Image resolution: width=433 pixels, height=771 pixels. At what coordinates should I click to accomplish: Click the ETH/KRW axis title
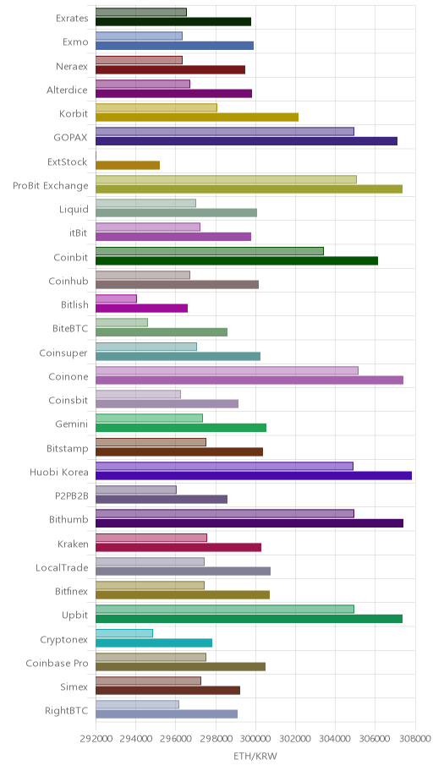point(255,756)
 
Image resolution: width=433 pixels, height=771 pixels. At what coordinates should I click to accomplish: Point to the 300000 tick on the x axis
point(255,738)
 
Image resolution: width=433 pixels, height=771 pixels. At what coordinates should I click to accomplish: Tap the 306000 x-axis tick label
point(375,738)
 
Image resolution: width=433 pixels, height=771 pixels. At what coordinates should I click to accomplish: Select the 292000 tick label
point(96,738)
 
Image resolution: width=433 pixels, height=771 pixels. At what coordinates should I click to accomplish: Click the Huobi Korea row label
point(59,473)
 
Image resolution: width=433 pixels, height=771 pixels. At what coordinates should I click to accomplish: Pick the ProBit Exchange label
point(51,186)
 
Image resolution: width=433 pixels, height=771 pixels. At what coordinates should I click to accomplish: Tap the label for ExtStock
point(68,161)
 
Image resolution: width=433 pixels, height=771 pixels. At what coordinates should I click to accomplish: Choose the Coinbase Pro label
point(57,664)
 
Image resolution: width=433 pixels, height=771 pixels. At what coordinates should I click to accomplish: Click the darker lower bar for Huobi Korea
point(254,475)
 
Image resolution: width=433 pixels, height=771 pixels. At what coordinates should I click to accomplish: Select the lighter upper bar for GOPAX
point(225,131)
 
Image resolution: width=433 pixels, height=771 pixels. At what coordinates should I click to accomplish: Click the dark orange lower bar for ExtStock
point(128,165)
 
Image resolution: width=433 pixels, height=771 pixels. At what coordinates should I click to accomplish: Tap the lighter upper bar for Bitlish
point(116,298)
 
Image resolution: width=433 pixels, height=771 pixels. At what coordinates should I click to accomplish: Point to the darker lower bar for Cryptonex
point(154,642)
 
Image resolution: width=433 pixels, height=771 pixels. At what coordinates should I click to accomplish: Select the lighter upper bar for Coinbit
point(210,251)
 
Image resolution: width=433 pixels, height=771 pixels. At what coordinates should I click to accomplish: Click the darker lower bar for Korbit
point(197,117)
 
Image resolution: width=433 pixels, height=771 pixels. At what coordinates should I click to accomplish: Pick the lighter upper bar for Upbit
point(225,610)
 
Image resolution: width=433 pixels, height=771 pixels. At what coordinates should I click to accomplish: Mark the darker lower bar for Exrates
point(173,22)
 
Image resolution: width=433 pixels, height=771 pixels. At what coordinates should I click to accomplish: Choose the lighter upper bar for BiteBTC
point(122,323)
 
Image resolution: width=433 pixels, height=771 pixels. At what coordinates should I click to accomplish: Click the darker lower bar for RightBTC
point(167,714)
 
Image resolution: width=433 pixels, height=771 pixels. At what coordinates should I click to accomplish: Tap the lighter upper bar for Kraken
point(151,538)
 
